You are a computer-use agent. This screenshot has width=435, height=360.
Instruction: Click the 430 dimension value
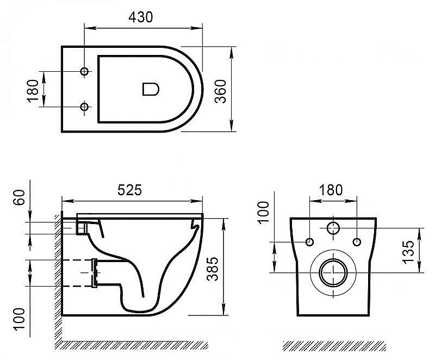tap(141, 17)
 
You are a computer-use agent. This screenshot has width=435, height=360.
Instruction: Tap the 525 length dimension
tap(130, 190)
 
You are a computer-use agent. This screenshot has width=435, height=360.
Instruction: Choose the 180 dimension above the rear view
tap(331, 190)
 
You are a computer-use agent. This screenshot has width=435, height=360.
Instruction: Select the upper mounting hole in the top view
tap(84, 72)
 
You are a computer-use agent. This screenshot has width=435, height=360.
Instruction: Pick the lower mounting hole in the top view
tap(84, 107)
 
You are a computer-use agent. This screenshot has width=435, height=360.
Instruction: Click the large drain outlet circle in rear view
tap(333, 271)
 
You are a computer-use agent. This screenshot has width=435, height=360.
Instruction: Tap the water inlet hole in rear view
tap(333, 229)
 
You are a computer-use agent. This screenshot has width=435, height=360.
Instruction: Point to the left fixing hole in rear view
tap(309, 241)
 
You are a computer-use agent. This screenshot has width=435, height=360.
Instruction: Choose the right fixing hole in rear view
tap(357, 241)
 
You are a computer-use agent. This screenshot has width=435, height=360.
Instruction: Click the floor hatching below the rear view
tap(334, 345)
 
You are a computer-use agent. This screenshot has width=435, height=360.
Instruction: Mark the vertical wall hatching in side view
tap(57, 272)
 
